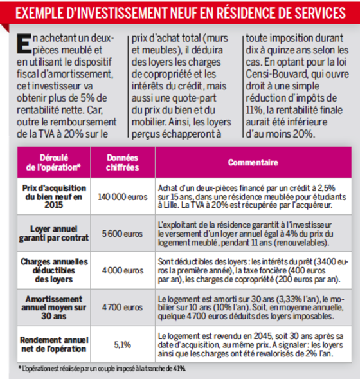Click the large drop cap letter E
point(24,44)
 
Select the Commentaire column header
point(253,162)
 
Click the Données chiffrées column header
point(122,162)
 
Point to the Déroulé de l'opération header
point(53,162)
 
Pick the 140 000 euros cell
point(123,197)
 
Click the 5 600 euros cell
point(122,234)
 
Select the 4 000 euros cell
point(123,270)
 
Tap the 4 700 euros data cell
point(122,307)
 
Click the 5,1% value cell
point(122,345)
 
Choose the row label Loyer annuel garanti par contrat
point(54,234)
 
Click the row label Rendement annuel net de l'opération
point(54,344)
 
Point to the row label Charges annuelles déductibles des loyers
point(54,270)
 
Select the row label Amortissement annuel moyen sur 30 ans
point(54,308)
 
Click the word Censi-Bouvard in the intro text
point(276,74)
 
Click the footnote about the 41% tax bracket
point(102,369)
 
